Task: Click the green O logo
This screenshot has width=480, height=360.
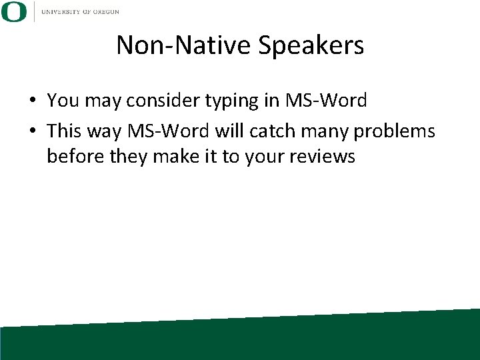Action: (14, 12)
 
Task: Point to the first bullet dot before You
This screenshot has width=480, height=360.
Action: (32, 101)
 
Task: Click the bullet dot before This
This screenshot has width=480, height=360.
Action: (32, 131)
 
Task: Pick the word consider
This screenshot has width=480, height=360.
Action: (159, 101)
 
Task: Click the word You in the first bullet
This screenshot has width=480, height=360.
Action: (62, 101)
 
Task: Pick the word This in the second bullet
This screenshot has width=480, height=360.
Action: (64, 131)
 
